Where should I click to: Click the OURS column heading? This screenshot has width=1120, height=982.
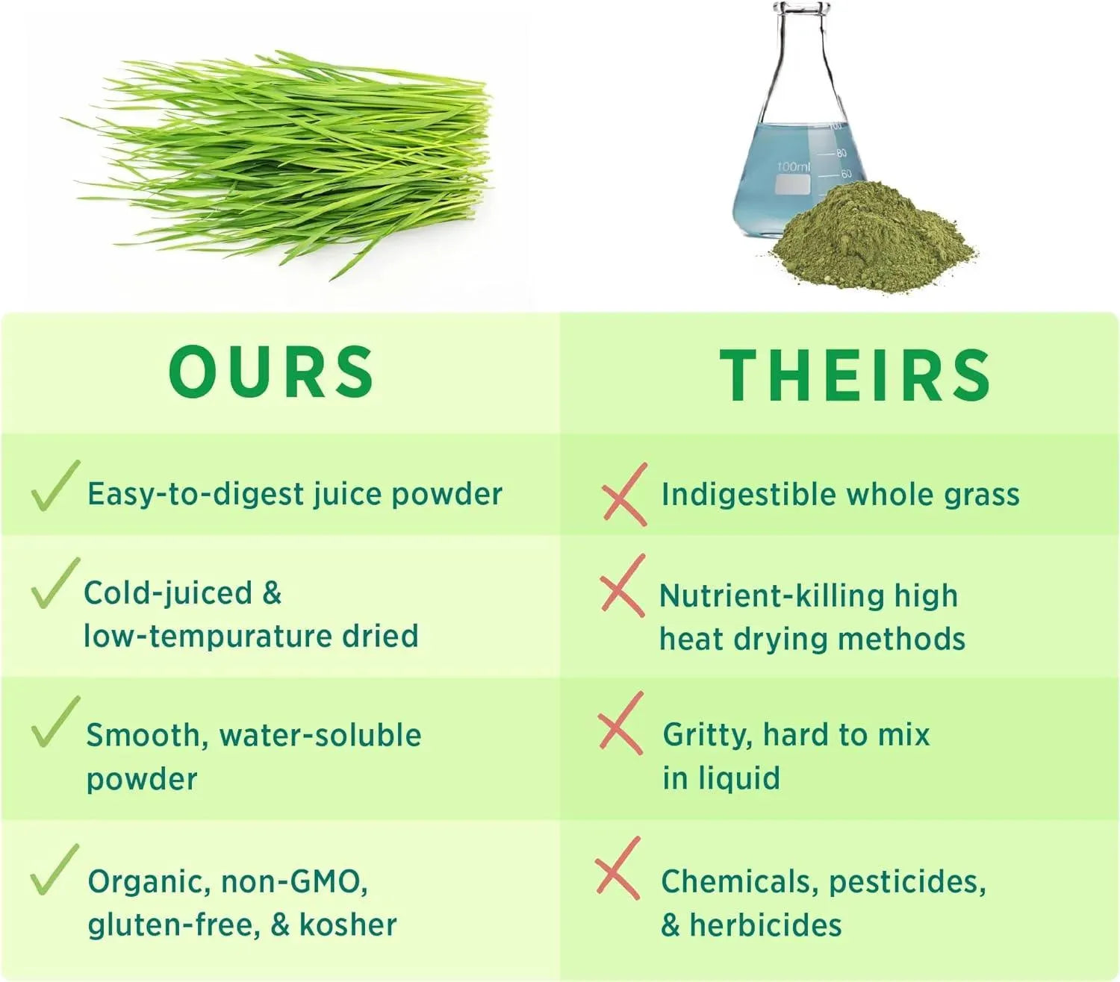271,372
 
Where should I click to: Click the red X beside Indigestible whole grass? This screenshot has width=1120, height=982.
624,495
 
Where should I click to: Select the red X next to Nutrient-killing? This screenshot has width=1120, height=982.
623,586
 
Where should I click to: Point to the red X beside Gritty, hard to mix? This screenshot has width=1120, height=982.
620,723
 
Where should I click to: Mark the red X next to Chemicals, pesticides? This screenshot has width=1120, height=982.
617,868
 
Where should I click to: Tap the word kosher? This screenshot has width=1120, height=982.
348,925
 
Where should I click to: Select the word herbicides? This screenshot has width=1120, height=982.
765,925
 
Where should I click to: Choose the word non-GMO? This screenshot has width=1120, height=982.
293,882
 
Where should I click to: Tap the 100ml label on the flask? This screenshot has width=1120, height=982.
793,166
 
